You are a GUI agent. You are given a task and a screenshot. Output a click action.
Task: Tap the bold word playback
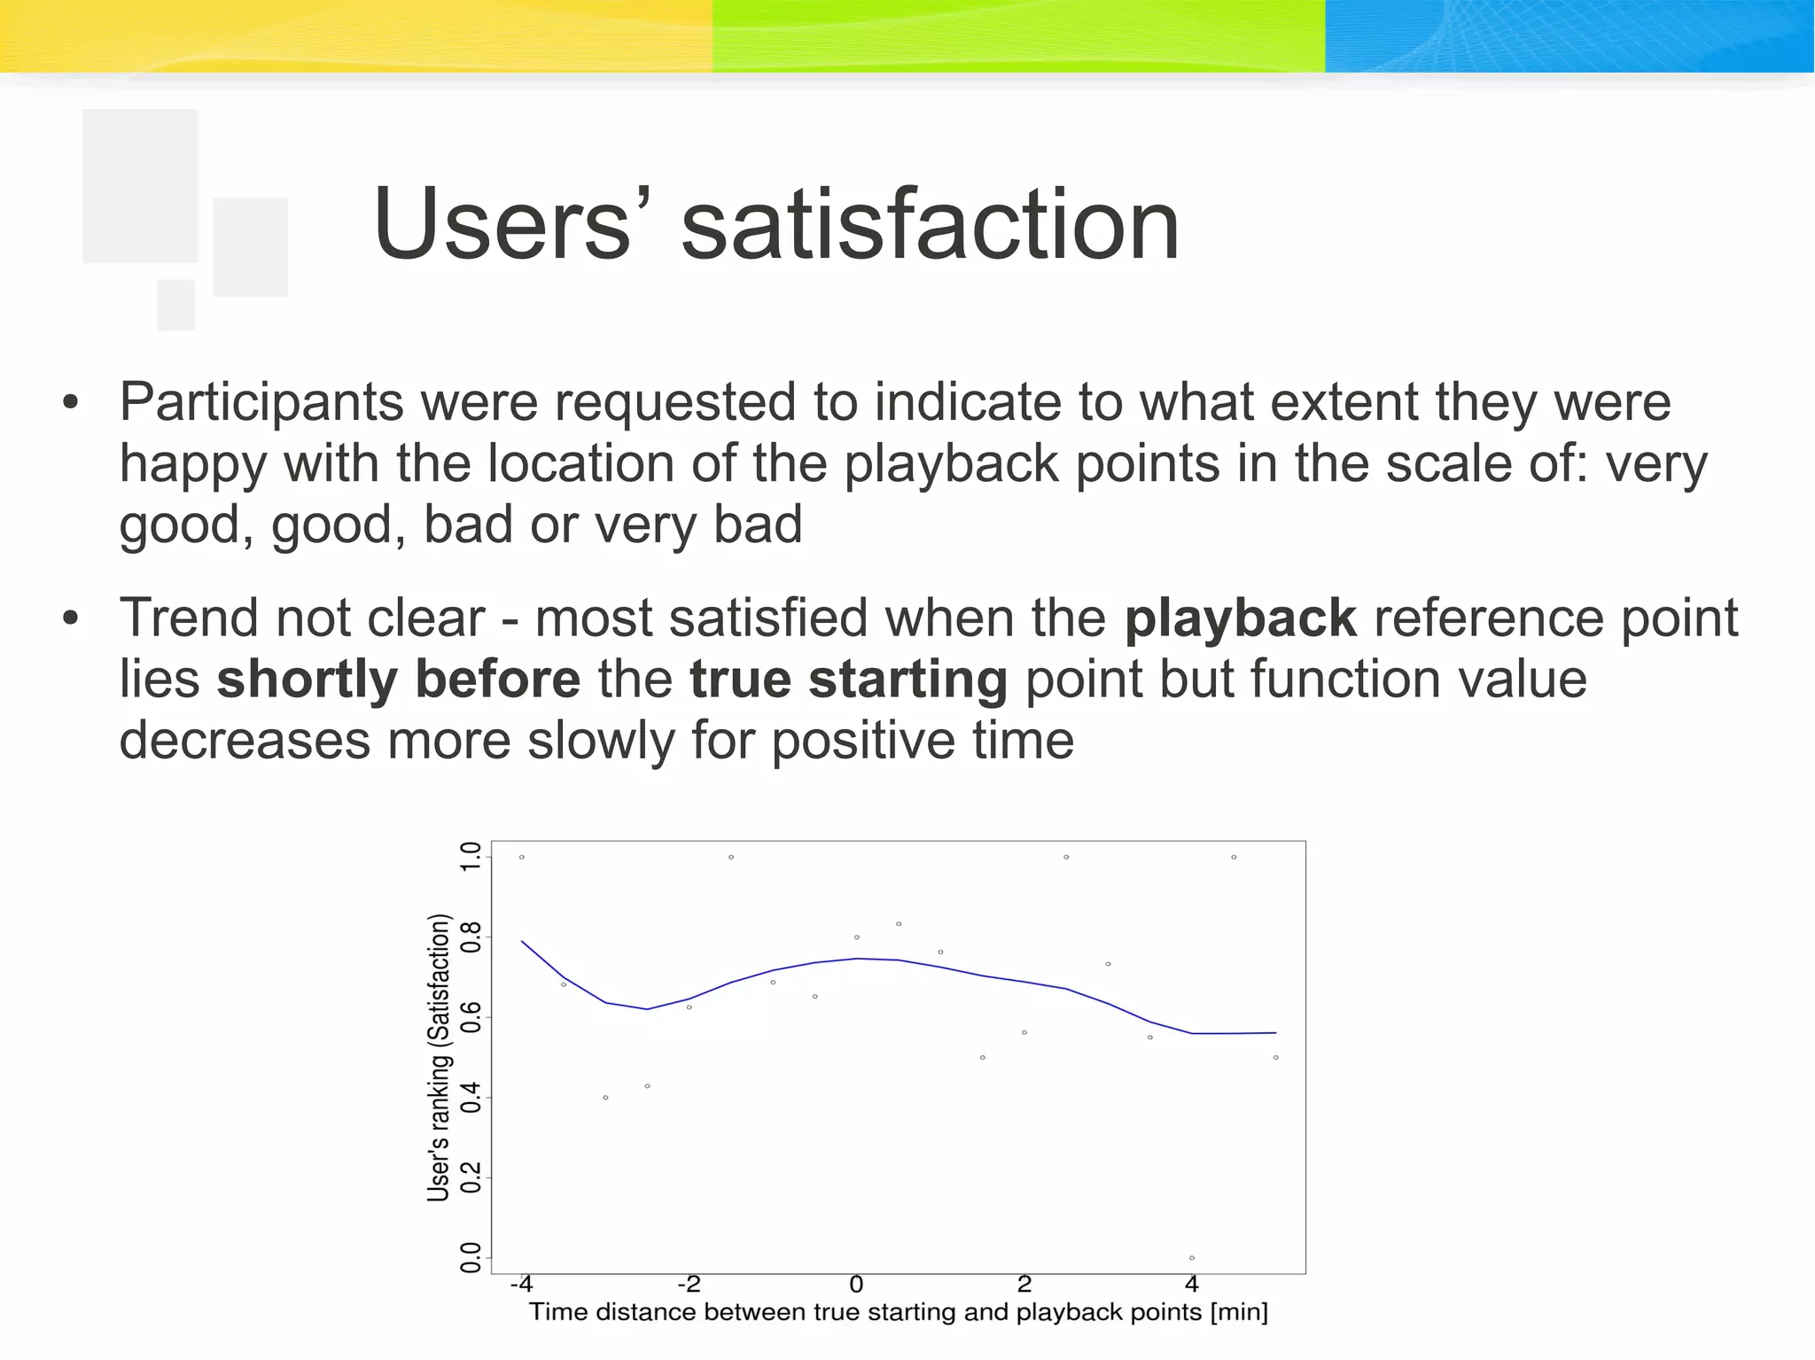point(1240,618)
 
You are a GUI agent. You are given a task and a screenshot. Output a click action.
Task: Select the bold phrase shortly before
point(398,680)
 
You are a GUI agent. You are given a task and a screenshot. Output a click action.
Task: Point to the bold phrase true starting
point(848,680)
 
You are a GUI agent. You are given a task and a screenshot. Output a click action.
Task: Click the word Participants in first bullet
point(261,402)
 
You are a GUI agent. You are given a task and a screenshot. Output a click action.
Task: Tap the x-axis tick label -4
point(521,1284)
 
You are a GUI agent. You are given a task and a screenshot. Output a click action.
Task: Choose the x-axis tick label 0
point(856,1284)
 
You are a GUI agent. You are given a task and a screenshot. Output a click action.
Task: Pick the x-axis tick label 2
point(1024,1284)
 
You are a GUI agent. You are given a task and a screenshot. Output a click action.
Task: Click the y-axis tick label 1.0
point(471,857)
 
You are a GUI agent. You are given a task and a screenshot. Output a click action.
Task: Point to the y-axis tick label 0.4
point(471,1098)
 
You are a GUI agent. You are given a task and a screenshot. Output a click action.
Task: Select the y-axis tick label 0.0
point(471,1257)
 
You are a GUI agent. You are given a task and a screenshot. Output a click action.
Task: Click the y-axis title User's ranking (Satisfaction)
point(439,1057)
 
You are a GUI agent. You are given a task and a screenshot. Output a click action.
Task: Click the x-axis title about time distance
point(898,1312)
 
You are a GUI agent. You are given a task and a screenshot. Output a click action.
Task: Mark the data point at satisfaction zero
point(1192,1257)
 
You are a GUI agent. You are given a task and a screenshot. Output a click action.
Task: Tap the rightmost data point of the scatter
point(1275,1057)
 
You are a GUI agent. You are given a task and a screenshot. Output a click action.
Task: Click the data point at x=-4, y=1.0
point(522,857)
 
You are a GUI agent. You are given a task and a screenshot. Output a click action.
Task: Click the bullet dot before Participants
point(70,404)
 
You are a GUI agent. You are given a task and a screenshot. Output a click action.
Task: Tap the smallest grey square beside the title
point(175,304)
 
